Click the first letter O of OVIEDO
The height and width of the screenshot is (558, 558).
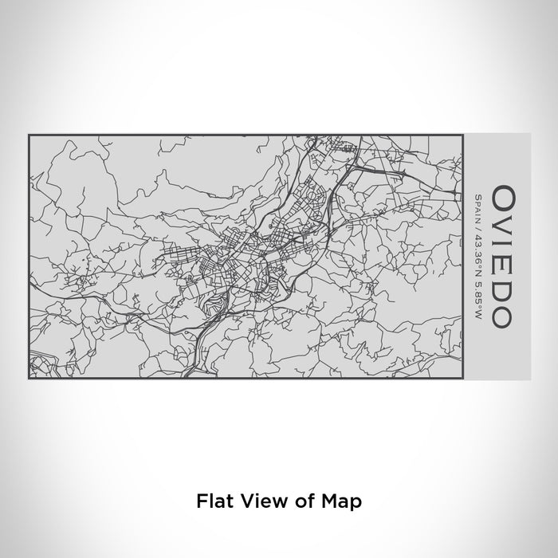click(503, 196)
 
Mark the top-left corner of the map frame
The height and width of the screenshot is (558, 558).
click(29, 135)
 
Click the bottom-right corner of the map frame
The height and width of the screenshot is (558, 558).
click(462, 379)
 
